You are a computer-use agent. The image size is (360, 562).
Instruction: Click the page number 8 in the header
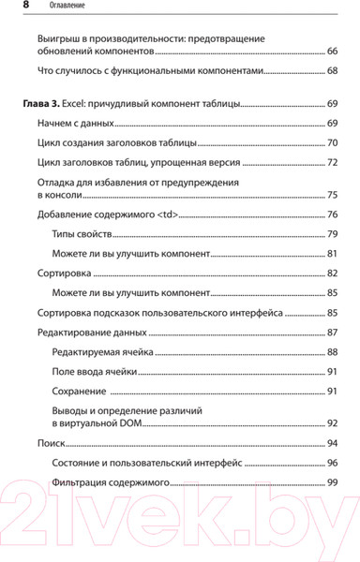point(11,6)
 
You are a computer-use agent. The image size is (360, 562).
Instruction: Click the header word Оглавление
point(53,6)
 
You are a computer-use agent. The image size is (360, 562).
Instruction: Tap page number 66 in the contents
point(333,52)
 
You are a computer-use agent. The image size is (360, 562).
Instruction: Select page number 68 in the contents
point(333,72)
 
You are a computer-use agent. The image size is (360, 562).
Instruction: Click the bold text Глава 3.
point(43,104)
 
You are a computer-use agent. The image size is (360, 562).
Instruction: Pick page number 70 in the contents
point(333,143)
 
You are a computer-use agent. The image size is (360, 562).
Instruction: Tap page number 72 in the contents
point(333,163)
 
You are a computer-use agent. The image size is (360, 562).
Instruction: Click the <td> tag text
point(163,215)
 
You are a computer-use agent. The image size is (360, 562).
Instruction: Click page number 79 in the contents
point(333,235)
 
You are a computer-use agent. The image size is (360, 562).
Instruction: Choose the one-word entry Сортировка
point(63,274)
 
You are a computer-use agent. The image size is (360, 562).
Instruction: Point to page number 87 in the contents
point(333,333)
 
